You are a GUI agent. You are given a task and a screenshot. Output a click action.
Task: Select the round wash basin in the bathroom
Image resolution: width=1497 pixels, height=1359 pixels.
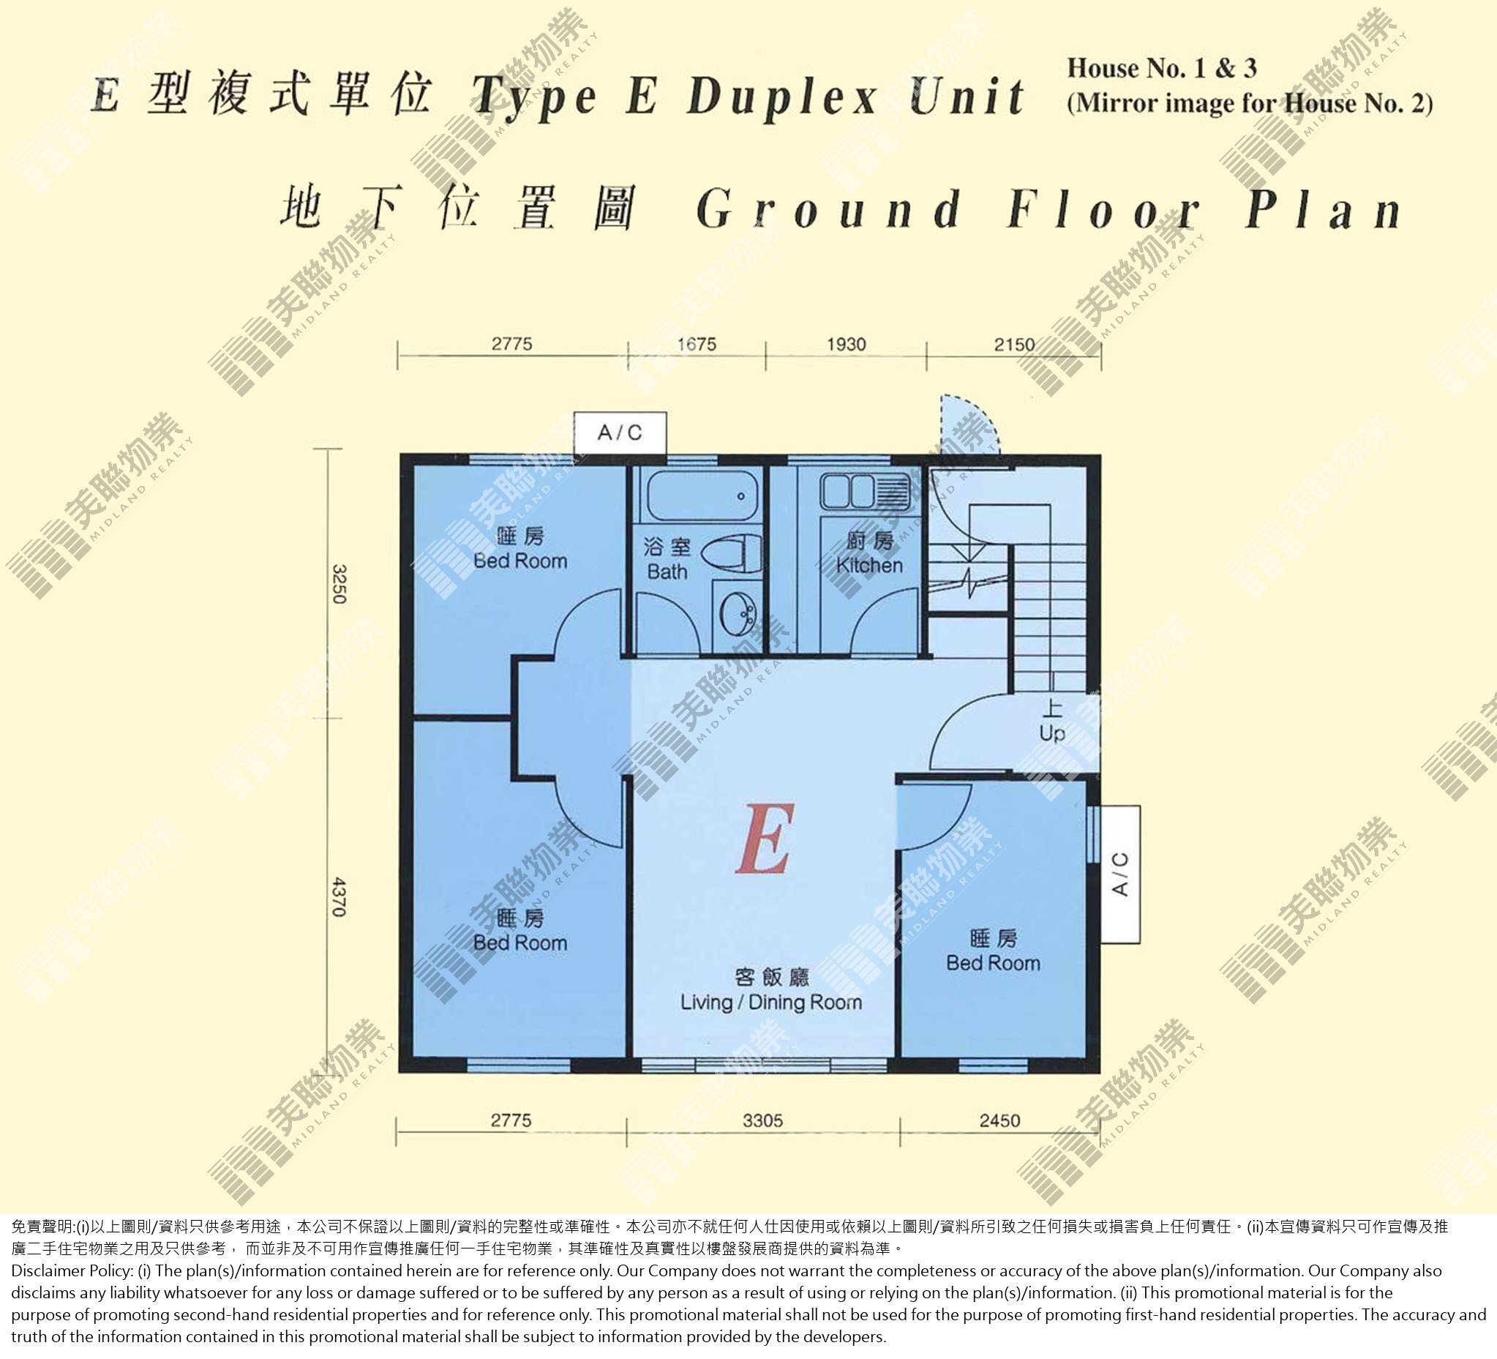click(738, 613)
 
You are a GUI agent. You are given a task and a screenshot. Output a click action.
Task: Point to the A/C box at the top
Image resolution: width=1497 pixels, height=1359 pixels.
click(620, 433)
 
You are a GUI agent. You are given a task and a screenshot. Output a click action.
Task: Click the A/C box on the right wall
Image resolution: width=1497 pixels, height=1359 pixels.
click(1119, 874)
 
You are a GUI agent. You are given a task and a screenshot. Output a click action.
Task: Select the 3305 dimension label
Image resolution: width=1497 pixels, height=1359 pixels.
click(762, 1120)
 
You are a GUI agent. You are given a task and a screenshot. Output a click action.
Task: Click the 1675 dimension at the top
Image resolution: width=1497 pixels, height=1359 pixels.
click(697, 344)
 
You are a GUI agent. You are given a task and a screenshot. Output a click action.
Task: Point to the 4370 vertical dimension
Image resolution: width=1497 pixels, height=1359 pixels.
click(339, 896)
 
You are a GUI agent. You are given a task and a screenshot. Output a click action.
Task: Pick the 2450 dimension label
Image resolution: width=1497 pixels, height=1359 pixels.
click(999, 1120)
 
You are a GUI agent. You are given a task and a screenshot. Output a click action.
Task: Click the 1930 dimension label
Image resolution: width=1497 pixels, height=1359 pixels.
click(847, 344)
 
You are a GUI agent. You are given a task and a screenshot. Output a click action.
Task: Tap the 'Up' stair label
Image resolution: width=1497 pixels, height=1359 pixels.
click(1051, 733)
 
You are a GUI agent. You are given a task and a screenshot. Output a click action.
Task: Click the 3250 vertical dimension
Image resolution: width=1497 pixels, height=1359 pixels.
click(339, 585)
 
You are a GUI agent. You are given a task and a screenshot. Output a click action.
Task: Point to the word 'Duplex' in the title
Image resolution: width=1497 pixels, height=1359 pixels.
click(782, 98)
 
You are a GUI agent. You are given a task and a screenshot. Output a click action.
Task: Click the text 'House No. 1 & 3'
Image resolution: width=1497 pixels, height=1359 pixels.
click(1162, 68)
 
